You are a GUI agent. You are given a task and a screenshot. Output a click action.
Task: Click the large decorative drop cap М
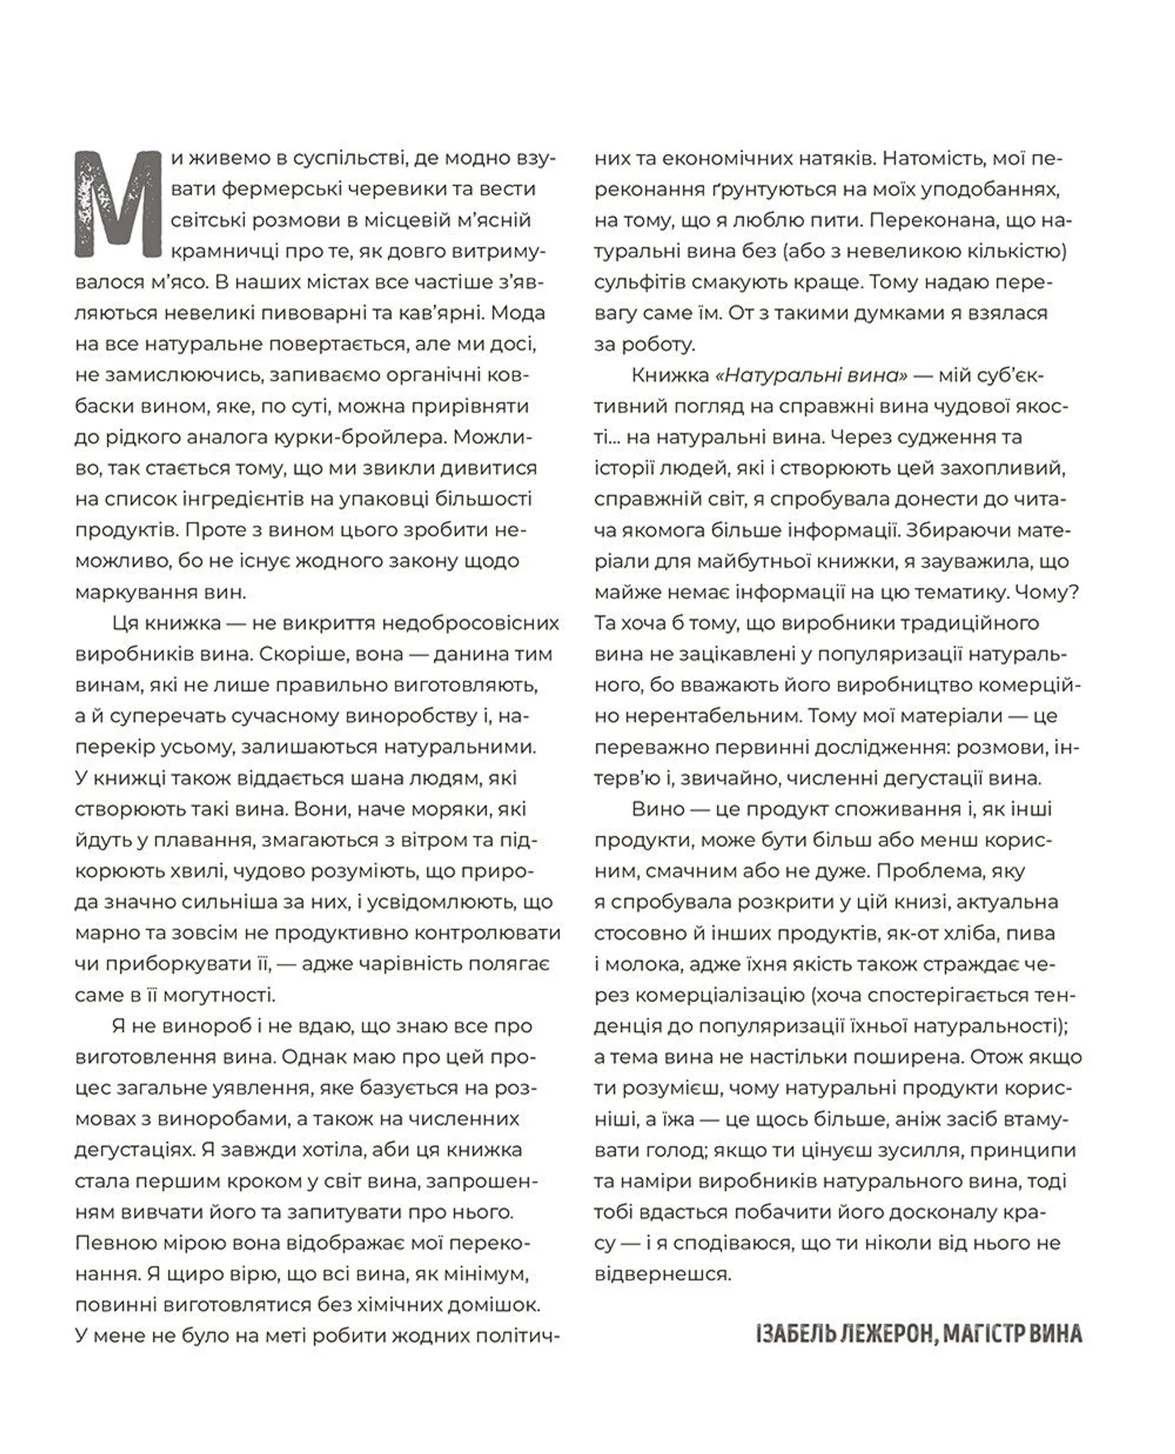click(119, 204)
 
